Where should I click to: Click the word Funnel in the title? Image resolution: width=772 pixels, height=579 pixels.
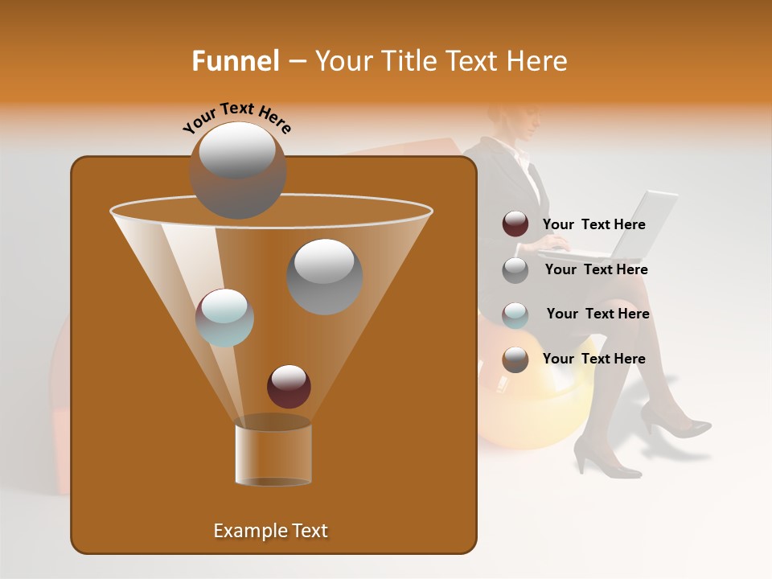point(236,61)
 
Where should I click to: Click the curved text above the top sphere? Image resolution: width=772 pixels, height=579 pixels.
point(237,118)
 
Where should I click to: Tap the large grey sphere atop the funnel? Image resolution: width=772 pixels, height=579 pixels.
point(237,170)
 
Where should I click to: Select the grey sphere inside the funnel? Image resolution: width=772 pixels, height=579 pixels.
point(325,277)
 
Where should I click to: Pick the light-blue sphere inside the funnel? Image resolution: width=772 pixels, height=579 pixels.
point(224,318)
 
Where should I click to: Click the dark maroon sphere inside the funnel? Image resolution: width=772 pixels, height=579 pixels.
point(289,386)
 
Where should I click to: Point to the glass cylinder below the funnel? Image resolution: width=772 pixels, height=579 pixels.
point(273,454)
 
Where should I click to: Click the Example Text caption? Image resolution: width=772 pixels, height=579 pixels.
point(270,531)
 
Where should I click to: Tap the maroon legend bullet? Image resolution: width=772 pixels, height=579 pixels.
point(515,224)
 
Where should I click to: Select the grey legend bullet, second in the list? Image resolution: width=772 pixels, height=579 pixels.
point(515,269)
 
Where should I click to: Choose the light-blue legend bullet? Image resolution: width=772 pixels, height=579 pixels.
point(515,314)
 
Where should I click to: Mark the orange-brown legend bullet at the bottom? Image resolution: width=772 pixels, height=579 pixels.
point(515,359)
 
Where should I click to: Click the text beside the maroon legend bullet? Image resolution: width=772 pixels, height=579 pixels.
point(593,224)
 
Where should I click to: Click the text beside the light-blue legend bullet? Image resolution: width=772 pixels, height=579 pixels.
point(597,314)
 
